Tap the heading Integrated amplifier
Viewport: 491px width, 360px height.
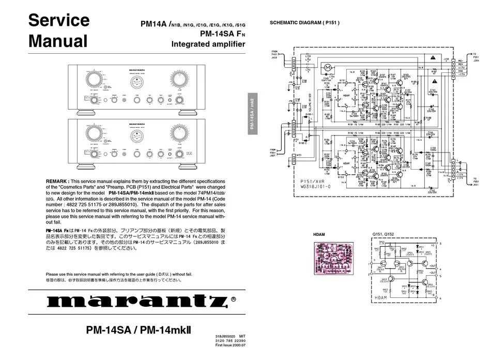[x=208, y=45]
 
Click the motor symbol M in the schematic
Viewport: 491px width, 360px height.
[x=326, y=67]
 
